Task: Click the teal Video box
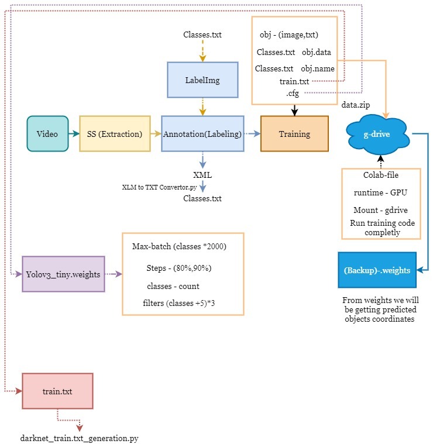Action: tap(47, 134)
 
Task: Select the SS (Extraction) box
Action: tap(115, 134)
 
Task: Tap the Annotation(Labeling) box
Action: tap(202, 134)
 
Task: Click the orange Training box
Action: tap(294, 134)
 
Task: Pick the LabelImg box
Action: tap(202, 80)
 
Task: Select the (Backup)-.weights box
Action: tap(377, 270)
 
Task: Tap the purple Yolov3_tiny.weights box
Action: tap(63, 274)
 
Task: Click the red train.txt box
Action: tap(57, 391)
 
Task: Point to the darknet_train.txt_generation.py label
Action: tap(80, 437)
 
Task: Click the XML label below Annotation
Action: tap(202, 175)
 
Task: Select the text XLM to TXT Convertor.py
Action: tap(159, 187)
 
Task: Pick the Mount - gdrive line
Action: tap(380, 209)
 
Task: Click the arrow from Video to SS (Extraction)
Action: tap(74, 134)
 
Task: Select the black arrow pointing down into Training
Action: tap(294, 109)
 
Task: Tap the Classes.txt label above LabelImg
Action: tap(202, 35)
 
